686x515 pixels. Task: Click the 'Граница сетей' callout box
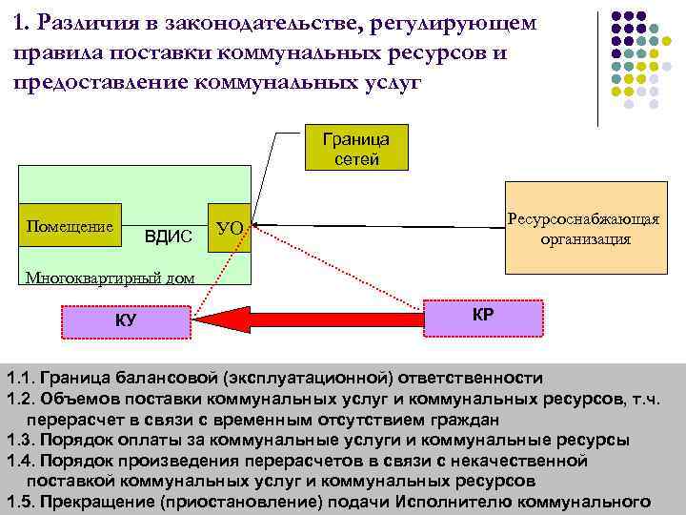pyautogui.click(x=351, y=147)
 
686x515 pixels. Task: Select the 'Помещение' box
pyautogui.click(x=68, y=228)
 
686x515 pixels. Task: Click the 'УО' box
pyautogui.click(x=230, y=228)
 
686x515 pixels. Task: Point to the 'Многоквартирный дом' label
pyautogui.click(x=96, y=278)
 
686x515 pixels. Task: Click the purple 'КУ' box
pyautogui.click(x=126, y=320)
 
